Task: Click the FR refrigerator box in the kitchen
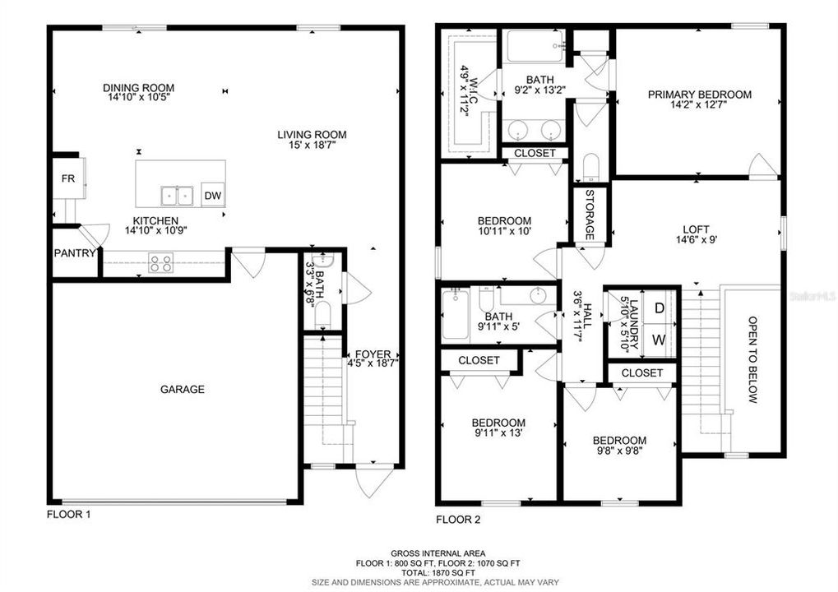coord(68,178)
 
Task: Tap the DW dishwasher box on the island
coord(213,196)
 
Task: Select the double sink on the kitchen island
coord(177,196)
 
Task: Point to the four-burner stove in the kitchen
coord(161,263)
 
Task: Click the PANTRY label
coord(74,253)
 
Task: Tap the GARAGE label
coord(183,390)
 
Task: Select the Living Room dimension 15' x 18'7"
coord(312,144)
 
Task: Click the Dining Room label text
coord(138,88)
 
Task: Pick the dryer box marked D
coord(660,308)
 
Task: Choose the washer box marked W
coord(660,340)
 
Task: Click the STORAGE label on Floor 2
coord(590,215)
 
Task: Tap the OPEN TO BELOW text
coord(752,359)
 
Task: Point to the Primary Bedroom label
coord(700,95)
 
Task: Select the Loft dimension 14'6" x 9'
coord(697,240)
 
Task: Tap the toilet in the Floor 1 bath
coord(323,314)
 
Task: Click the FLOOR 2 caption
coord(458,520)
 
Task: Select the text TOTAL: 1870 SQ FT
coord(438,573)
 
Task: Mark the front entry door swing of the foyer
coord(374,481)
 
